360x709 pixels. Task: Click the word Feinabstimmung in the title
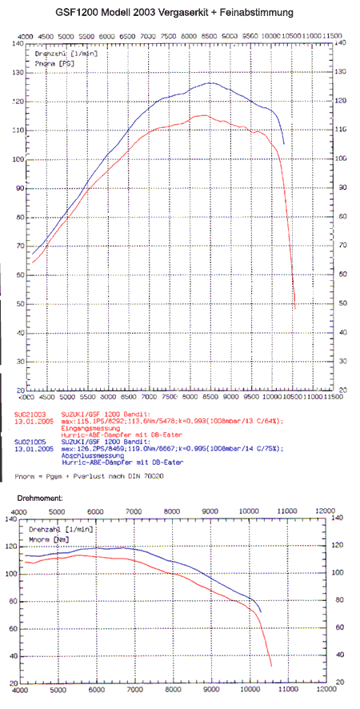click(x=258, y=13)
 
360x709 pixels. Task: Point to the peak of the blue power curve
click(x=210, y=82)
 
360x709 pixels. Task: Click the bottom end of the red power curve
click(x=295, y=309)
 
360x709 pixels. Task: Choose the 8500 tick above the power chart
click(x=210, y=37)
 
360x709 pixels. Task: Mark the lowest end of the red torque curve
click(x=272, y=665)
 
